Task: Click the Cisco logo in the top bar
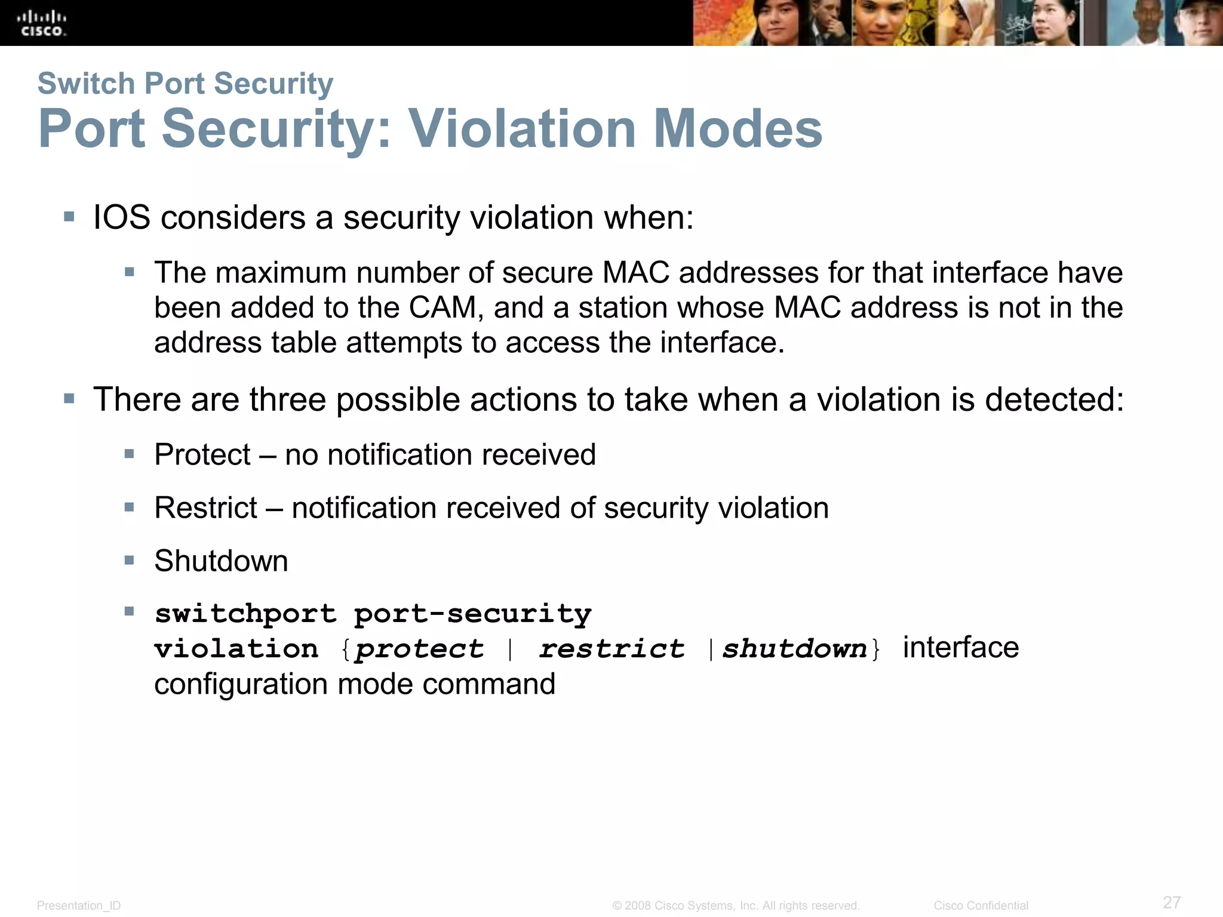[42, 23]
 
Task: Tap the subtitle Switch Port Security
[185, 83]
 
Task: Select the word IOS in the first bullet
[122, 217]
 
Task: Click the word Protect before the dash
[202, 455]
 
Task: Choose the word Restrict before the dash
[205, 508]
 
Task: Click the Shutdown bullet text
[221, 561]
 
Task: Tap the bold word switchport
[245, 614]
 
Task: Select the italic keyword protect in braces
[419, 649]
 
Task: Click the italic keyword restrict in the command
[611, 649]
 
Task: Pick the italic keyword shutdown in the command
[794, 649]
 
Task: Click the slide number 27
[1172, 902]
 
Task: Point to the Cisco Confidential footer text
[981, 906]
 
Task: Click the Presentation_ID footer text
[79, 906]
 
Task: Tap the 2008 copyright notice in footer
[736, 906]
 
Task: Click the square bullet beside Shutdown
[130, 560]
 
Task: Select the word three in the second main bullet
[287, 399]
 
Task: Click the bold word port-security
[472, 614]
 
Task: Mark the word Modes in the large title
[738, 129]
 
